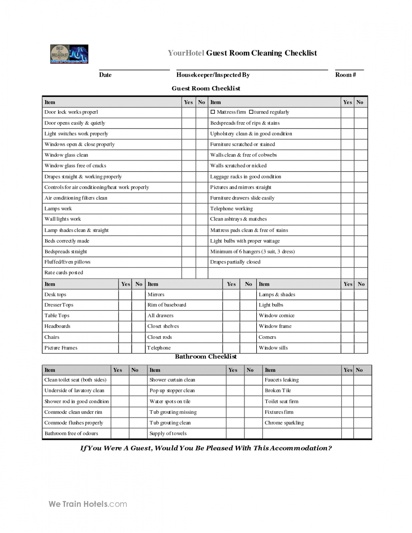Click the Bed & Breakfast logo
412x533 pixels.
point(69,54)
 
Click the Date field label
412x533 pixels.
point(105,75)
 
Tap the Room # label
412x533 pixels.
point(345,75)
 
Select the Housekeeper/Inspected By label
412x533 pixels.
point(213,75)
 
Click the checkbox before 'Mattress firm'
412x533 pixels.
point(213,112)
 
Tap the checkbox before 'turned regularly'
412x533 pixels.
point(251,112)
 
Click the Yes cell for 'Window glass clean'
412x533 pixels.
point(188,155)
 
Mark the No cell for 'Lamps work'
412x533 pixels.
point(202,209)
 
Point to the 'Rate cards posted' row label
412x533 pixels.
point(64,272)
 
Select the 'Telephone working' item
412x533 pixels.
point(231,209)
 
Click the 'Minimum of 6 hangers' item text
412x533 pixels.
point(252,252)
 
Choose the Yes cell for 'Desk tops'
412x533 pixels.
point(125,295)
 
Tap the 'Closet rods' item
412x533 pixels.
point(160,337)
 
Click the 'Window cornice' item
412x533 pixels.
point(276,315)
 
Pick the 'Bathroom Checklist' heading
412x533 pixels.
point(206,356)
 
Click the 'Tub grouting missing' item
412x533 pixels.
point(173,412)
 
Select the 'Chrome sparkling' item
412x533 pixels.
point(284,423)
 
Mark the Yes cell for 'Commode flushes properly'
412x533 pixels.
point(120,423)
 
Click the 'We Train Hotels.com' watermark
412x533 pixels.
point(88,504)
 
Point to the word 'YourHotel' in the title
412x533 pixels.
point(186,53)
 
